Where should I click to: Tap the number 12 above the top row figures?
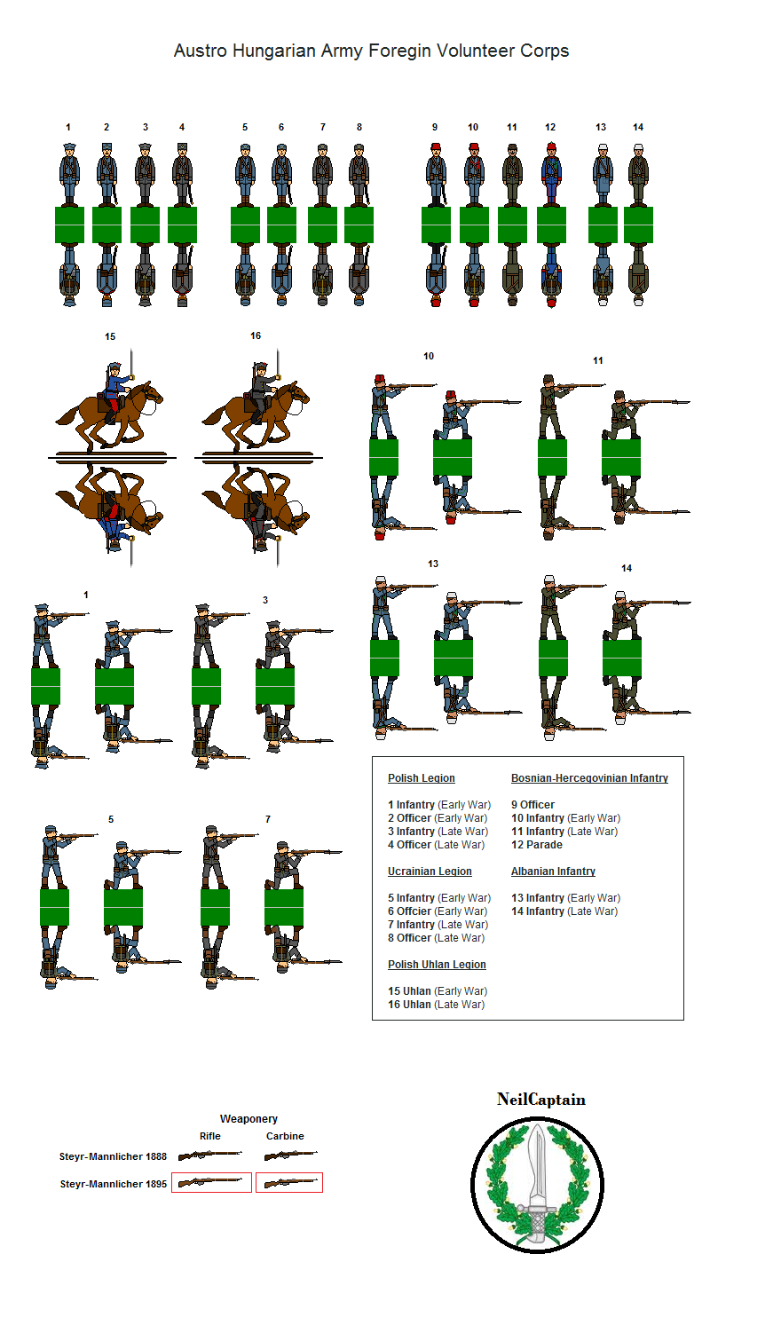pos(550,127)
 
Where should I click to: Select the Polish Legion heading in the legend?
pos(422,778)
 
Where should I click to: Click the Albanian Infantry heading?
pos(553,872)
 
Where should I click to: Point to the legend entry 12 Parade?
pos(537,845)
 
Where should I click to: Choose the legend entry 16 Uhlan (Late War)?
pos(436,1005)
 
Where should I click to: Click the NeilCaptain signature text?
pos(541,1100)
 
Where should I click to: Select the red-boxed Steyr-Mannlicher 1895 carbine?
pos(289,1182)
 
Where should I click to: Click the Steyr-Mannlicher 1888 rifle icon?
pos(210,1154)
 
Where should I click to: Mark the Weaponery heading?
pos(248,1118)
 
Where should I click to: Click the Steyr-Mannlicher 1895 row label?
pos(113,1184)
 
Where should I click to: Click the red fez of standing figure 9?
pos(436,146)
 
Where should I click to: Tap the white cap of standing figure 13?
pos(603,147)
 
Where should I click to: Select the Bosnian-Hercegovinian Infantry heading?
pos(589,778)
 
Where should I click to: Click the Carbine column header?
pos(285,1136)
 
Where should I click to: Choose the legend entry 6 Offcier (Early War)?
pos(438,911)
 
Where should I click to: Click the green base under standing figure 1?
pos(69,225)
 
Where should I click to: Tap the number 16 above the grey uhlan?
pos(256,336)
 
